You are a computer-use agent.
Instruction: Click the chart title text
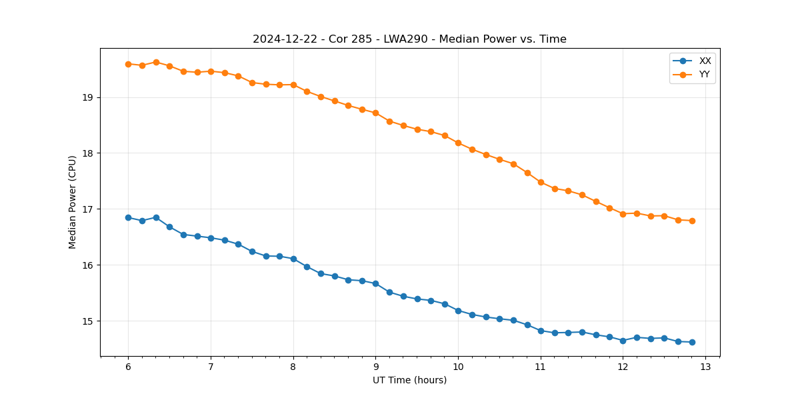409,39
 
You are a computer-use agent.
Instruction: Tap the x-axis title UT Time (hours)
409,380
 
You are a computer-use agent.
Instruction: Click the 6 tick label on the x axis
128,367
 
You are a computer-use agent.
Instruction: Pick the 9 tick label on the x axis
375,367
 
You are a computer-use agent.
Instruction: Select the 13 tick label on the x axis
705,367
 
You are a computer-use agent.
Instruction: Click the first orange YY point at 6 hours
128,64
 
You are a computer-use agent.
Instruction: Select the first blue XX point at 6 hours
128,217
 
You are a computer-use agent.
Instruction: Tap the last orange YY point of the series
692,221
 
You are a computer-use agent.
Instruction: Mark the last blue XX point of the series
692,342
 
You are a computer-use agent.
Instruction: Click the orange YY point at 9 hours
375,113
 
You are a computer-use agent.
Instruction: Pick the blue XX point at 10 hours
458,311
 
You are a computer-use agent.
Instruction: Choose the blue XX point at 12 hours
623,341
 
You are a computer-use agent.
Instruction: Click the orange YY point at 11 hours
541,182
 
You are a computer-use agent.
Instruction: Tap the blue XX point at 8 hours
293,259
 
